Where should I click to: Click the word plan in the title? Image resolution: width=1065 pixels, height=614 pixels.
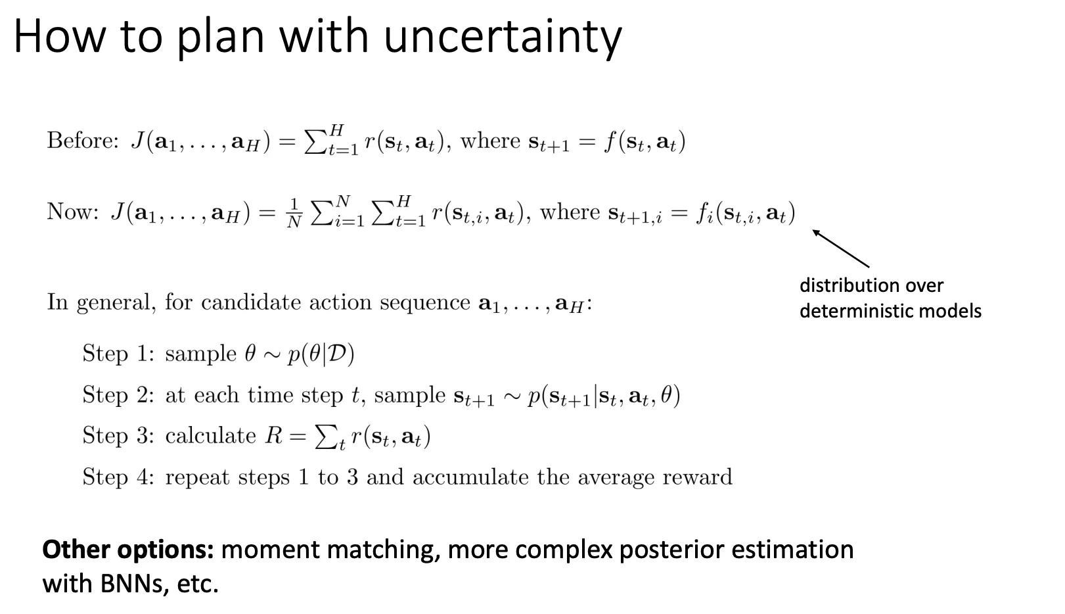click(219, 38)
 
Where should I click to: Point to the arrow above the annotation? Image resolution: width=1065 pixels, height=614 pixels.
click(840, 248)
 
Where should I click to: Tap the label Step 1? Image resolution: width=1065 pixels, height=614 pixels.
click(118, 354)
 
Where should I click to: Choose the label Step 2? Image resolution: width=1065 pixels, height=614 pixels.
click(118, 395)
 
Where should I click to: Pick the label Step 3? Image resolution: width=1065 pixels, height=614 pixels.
click(118, 436)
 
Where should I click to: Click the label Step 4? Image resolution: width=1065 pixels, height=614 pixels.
click(118, 477)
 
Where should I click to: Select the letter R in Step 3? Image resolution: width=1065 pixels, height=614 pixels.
click(274, 436)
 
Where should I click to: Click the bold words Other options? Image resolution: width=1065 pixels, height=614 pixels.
click(128, 550)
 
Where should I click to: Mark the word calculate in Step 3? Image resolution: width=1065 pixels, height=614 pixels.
click(211, 436)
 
